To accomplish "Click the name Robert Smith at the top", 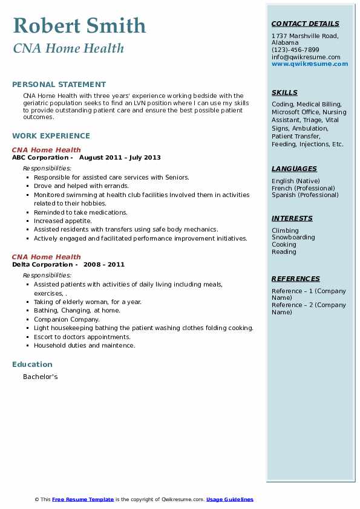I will click(x=79, y=26).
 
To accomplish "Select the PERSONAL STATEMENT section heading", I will click(x=59, y=85).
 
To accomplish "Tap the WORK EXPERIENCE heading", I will click(x=51, y=136).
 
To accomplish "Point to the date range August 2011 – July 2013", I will click(x=120, y=158).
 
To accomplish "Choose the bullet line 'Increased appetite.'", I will click(x=63, y=221).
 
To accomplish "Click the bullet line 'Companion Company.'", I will click(x=67, y=319).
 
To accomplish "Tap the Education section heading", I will click(x=32, y=365).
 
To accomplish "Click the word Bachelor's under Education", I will click(x=40, y=377).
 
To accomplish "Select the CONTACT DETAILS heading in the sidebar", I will click(x=305, y=24).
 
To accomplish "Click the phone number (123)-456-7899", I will click(x=295, y=50).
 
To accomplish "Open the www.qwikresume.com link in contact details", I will click(x=310, y=64).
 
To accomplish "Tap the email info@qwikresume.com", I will click(x=306, y=57).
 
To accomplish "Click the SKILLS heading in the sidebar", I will click(x=284, y=93).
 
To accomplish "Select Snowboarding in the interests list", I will click(x=293, y=238).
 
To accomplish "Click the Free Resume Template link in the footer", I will click(x=83, y=499).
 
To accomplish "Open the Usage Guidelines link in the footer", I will click(x=229, y=499).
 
